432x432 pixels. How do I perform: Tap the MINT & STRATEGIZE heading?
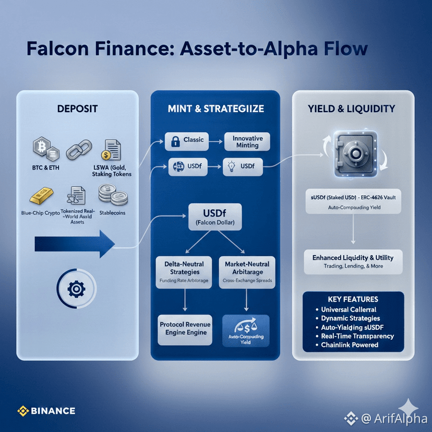(215, 109)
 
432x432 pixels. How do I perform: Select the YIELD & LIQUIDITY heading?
(352, 109)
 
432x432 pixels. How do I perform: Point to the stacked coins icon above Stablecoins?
(113, 197)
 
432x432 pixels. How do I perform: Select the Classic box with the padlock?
(187, 140)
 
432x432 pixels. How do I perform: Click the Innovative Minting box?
(247, 141)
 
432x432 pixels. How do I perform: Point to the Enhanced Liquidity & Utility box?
(353, 261)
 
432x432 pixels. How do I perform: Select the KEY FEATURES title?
(353, 299)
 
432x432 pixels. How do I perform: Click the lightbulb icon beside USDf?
(231, 167)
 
